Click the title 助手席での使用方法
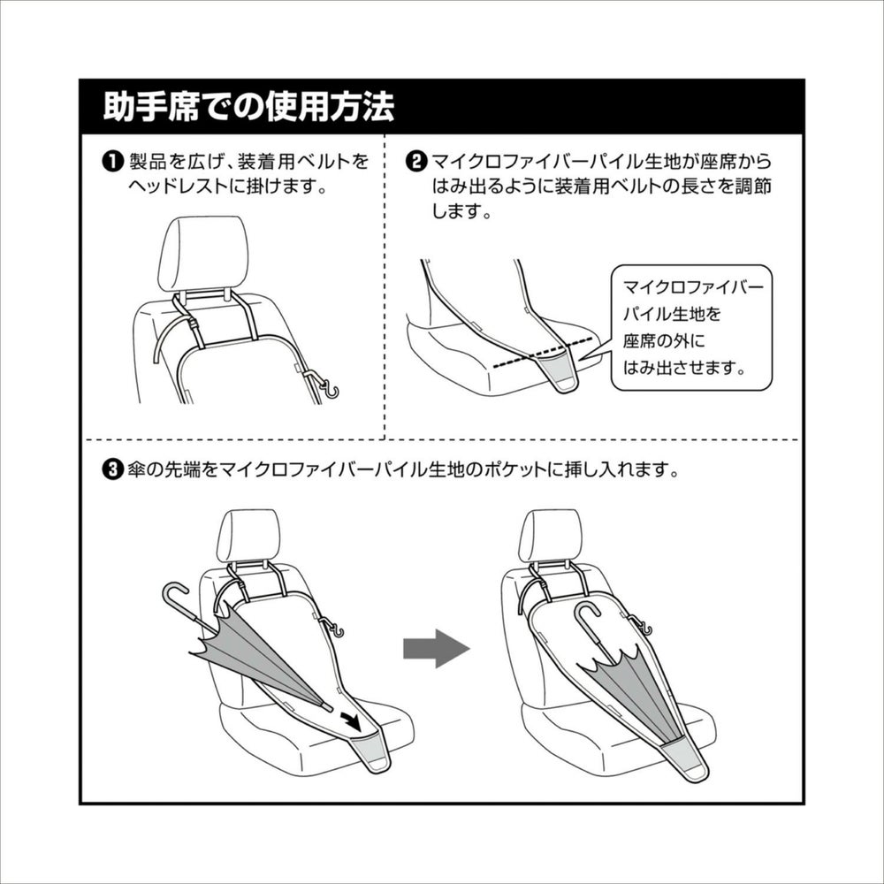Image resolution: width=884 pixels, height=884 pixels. point(248,106)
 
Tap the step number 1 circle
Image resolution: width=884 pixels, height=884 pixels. point(112,162)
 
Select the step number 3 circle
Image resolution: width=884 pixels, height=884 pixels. point(112,469)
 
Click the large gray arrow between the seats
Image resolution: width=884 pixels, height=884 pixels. point(437,648)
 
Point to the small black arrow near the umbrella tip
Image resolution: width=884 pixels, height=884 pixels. point(351,719)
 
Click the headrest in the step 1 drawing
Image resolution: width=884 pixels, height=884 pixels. point(203,253)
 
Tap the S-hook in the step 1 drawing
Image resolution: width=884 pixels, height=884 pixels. point(329,388)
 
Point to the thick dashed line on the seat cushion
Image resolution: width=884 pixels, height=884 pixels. point(543,353)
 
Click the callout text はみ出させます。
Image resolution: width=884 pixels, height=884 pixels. point(684,368)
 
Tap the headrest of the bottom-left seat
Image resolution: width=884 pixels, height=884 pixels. point(248,535)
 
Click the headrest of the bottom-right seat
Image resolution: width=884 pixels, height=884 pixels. point(549,535)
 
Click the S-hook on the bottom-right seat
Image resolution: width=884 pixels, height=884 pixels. point(644,627)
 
